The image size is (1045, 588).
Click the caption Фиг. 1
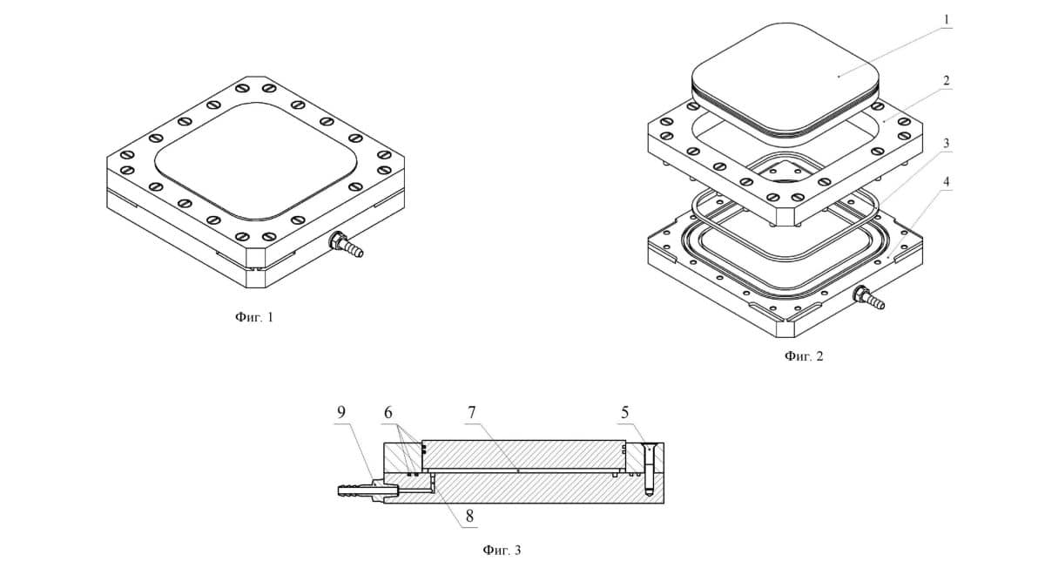(253, 317)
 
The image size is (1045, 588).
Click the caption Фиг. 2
(804, 356)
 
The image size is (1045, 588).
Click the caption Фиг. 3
(502, 550)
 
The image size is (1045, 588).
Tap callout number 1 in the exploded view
(947, 19)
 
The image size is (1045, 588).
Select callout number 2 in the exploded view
(947, 80)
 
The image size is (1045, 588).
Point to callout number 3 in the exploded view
(947, 143)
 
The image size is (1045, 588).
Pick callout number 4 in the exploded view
(947, 182)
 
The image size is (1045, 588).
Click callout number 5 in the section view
(624, 413)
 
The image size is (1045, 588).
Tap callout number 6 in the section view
(388, 413)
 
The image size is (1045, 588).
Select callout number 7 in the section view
(472, 413)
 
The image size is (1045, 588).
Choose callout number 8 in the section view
(469, 516)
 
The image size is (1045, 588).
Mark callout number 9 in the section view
(341, 413)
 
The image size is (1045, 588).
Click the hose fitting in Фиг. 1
(345, 245)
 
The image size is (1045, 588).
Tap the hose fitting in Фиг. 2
(868, 298)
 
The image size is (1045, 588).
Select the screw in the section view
(649, 469)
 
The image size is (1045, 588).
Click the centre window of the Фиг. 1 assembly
(256, 161)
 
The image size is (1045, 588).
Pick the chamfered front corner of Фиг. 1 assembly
(256, 267)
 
